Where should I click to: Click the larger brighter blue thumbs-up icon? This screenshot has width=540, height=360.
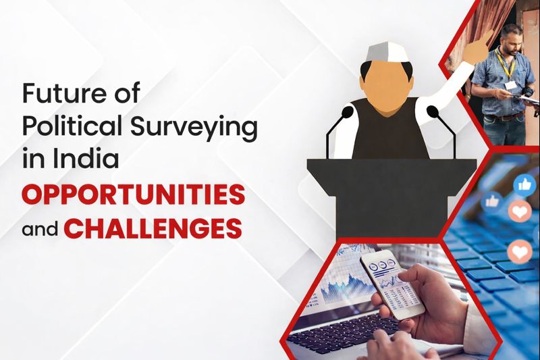tap(525, 184)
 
